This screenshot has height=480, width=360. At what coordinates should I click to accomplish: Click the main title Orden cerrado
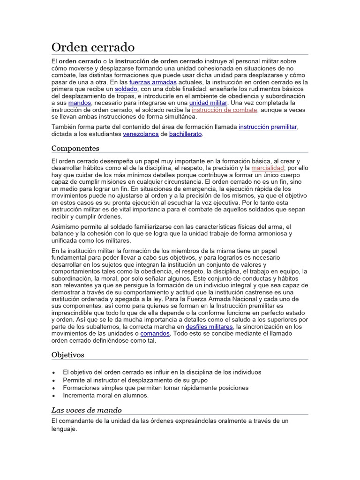pyautogui.click(x=93, y=47)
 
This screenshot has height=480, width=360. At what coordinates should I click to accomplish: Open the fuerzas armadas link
pyautogui.click(x=153, y=82)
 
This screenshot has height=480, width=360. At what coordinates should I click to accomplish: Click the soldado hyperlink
pyautogui.click(x=126, y=89)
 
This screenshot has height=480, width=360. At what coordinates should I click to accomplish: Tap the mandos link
pyautogui.click(x=79, y=103)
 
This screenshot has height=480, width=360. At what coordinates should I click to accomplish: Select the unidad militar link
pyautogui.click(x=208, y=103)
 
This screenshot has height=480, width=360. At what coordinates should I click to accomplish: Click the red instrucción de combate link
pyautogui.click(x=225, y=110)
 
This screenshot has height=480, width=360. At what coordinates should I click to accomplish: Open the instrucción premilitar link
pyautogui.click(x=268, y=127)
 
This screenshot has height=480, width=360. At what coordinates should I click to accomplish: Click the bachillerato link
pyautogui.click(x=186, y=134)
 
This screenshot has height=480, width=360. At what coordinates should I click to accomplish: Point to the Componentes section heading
pyautogui.click(x=75, y=148)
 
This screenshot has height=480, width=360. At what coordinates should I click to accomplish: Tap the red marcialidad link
pyautogui.click(x=268, y=167)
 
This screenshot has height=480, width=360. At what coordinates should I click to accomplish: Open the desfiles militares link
pyautogui.click(x=209, y=326)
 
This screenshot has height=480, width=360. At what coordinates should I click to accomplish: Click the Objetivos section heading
pyautogui.click(x=67, y=355)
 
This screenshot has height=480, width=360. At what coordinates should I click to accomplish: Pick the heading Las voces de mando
pyautogui.click(x=86, y=410)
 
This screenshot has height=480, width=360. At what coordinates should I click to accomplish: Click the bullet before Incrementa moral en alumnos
pyautogui.click(x=54, y=396)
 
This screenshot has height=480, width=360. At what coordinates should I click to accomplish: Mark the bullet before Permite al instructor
pyautogui.click(x=54, y=380)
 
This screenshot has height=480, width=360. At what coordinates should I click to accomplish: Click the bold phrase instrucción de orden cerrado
pyautogui.click(x=159, y=61)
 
